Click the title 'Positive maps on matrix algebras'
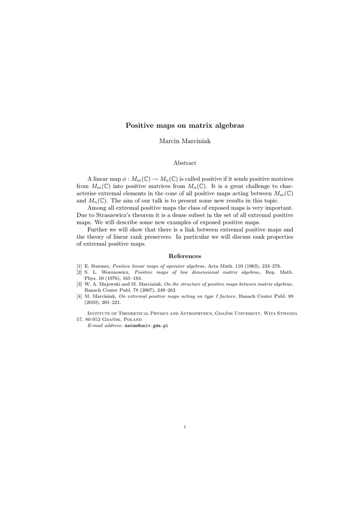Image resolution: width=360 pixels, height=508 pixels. tap(185, 126)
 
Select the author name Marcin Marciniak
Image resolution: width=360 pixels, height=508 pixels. tap(185, 142)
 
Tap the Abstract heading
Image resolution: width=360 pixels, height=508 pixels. tap(185, 163)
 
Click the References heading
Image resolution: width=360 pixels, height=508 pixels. tap(185, 256)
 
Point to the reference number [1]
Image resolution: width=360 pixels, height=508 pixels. tap(79, 266)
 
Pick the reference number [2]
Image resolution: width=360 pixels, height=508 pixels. tap(79, 272)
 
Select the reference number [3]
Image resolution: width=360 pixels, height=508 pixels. tap(79, 284)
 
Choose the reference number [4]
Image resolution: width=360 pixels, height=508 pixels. tap(79, 296)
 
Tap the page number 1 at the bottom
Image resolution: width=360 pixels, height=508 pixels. tap(185, 426)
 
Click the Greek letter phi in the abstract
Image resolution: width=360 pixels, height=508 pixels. tap(124, 179)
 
